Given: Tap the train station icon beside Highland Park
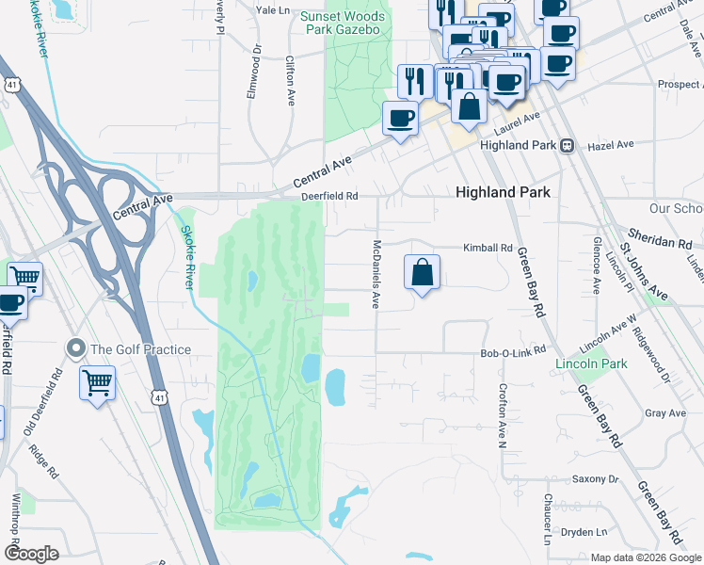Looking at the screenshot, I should click(568, 146).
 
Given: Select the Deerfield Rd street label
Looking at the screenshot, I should click(330, 196).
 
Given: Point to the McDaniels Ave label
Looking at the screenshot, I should click(376, 274).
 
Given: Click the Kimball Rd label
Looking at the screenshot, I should click(487, 248).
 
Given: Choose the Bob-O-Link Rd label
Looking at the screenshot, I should click(513, 351).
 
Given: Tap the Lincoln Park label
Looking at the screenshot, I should click(591, 363).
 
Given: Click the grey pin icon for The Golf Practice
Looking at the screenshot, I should click(75, 349).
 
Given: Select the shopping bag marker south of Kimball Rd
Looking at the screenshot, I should click(423, 273).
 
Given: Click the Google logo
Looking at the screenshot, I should click(31, 554).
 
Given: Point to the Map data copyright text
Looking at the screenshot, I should click(645, 557).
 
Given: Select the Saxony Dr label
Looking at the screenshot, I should click(596, 479).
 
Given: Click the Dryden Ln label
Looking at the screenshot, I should click(584, 531).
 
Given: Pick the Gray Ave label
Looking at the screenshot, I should click(665, 413).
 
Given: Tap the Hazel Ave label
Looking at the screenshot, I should click(611, 146).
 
